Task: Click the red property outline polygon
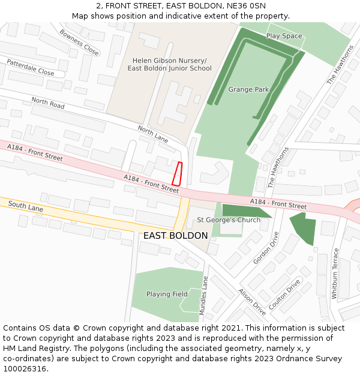pyautogui.click(x=177, y=173)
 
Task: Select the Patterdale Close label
pyautogui.click(x=30, y=67)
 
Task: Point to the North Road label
pyautogui.click(x=48, y=103)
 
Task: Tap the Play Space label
pyautogui.click(x=284, y=36)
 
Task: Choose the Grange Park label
pyautogui.click(x=248, y=89)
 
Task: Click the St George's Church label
pyautogui.click(x=229, y=220)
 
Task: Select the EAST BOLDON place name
pyautogui.click(x=175, y=236)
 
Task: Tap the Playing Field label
pyautogui.click(x=167, y=294)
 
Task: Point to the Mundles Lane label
pyautogui.click(x=204, y=295)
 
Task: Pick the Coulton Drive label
pyautogui.click(x=284, y=294)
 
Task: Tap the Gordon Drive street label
pyautogui.click(x=266, y=248)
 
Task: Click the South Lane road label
pyautogui.click(x=26, y=207)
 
